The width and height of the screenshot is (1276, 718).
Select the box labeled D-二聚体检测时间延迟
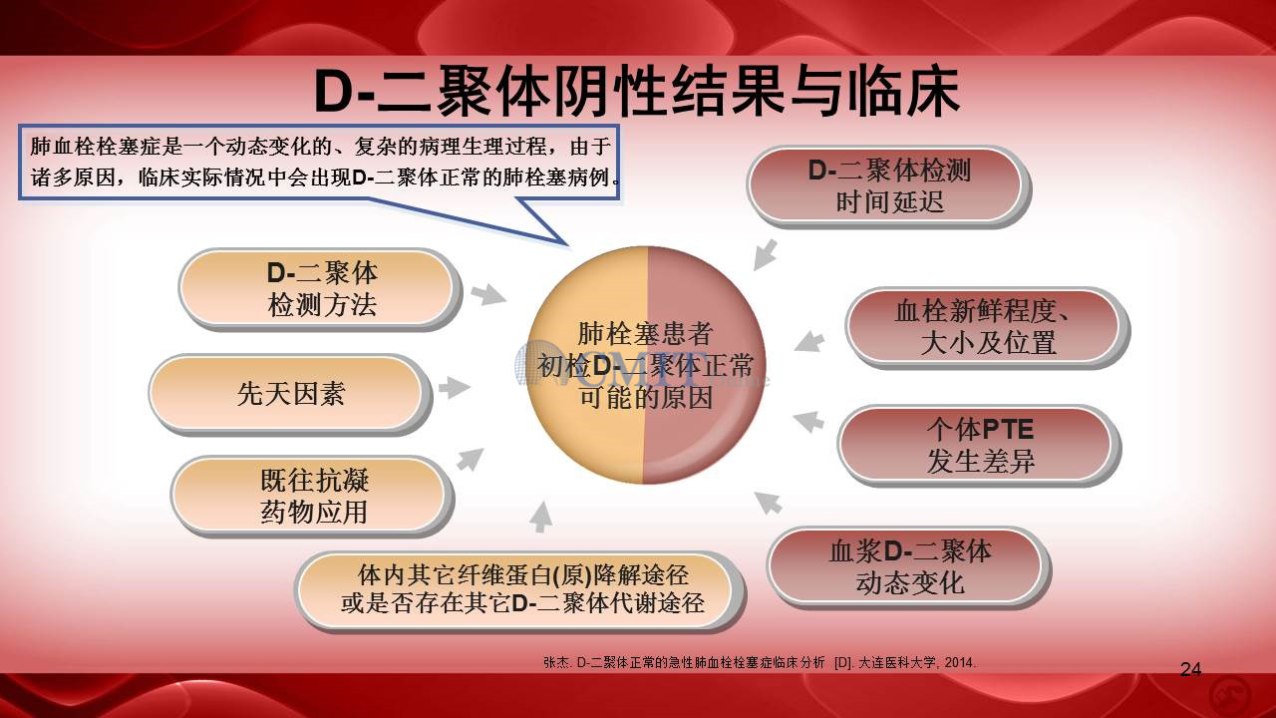click(x=888, y=186)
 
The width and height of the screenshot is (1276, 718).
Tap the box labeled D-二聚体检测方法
click(x=320, y=289)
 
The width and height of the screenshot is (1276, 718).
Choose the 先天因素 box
click(x=290, y=394)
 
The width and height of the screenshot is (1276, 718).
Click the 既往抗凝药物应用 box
click(x=313, y=496)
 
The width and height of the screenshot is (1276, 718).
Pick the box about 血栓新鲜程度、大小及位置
click(x=987, y=327)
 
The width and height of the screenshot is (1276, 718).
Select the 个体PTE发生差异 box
click(x=980, y=445)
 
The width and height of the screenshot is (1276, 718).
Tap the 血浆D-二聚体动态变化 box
click(x=909, y=567)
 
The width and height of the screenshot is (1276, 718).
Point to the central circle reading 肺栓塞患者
click(x=646, y=365)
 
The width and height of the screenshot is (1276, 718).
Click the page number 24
click(x=1190, y=669)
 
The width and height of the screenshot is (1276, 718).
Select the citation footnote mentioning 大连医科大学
click(x=760, y=662)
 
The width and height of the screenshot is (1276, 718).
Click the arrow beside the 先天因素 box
click(x=454, y=388)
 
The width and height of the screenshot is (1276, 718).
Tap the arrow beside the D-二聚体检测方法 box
click(x=488, y=294)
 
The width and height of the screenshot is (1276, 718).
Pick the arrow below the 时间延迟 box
click(x=765, y=254)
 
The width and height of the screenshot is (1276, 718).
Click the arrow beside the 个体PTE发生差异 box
click(x=808, y=422)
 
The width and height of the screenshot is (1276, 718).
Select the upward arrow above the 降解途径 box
click(x=541, y=517)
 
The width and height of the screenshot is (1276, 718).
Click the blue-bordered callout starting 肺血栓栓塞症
click(x=319, y=163)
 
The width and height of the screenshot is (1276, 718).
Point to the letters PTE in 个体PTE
click(x=1008, y=429)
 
